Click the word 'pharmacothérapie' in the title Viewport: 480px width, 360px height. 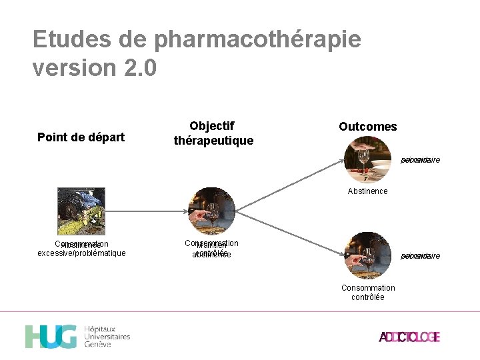pos(257,40)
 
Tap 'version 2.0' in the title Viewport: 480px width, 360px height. pos(95,68)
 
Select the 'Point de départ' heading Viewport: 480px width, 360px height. pos(81,137)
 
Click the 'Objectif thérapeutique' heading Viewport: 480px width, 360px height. pos(213,133)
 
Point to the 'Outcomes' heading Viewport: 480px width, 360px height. pos(367,127)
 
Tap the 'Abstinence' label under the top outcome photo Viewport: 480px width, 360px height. pos(367,191)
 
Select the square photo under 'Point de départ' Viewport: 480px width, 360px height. pos(81,211)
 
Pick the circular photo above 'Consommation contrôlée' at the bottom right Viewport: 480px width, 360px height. pos(367,255)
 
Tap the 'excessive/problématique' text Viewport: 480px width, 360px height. pos(81,254)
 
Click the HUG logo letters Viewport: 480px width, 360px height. pos(51,337)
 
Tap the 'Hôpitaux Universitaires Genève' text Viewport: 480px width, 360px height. pos(107,337)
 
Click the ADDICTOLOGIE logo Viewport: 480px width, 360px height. pos(409,337)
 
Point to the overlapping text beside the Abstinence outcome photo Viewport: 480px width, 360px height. pos(420,160)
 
